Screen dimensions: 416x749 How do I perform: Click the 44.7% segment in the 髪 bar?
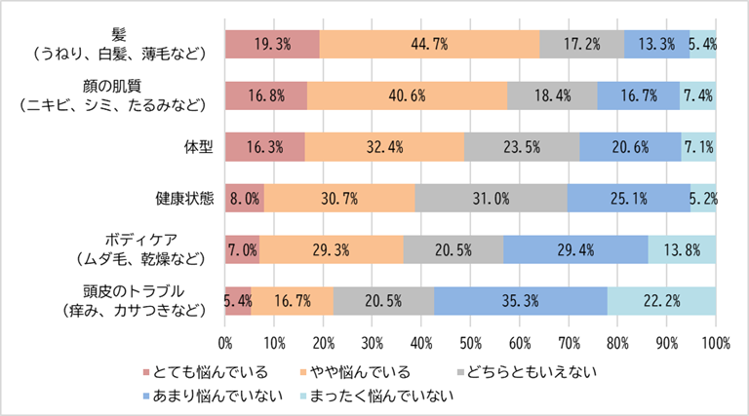[429, 44]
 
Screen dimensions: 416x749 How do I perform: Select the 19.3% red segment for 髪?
[272, 44]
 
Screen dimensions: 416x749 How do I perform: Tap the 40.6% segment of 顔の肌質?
[407, 95]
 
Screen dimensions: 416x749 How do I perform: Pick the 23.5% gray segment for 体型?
[522, 146]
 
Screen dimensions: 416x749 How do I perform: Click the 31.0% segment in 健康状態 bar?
[491, 198]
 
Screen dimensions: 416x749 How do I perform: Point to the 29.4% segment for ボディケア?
[575, 249]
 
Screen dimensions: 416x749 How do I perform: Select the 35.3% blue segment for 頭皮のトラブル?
[520, 300]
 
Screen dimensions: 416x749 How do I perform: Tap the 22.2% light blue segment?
[661, 300]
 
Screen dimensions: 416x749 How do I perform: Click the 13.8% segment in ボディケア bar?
[682, 249]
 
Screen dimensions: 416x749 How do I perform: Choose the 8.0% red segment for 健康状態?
[245, 198]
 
